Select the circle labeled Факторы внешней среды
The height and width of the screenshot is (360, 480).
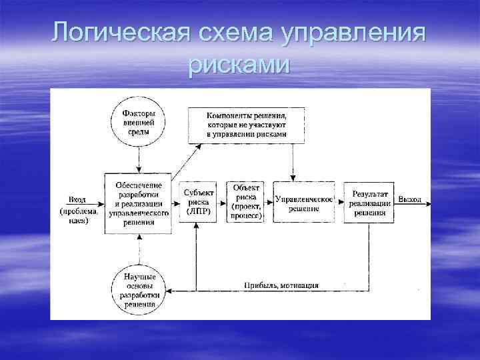pos(139,123)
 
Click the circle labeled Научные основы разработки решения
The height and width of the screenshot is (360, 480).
pos(139,289)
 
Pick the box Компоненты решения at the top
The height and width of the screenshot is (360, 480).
pos(246,125)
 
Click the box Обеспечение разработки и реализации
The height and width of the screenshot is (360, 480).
pos(139,203)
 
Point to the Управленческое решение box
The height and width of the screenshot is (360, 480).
pos(304,203)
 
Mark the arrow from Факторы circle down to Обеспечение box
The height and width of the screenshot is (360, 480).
pos(139,160)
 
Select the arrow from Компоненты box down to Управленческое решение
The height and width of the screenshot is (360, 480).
pos(293,161)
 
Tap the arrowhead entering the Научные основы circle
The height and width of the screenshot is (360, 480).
pos(168,290)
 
